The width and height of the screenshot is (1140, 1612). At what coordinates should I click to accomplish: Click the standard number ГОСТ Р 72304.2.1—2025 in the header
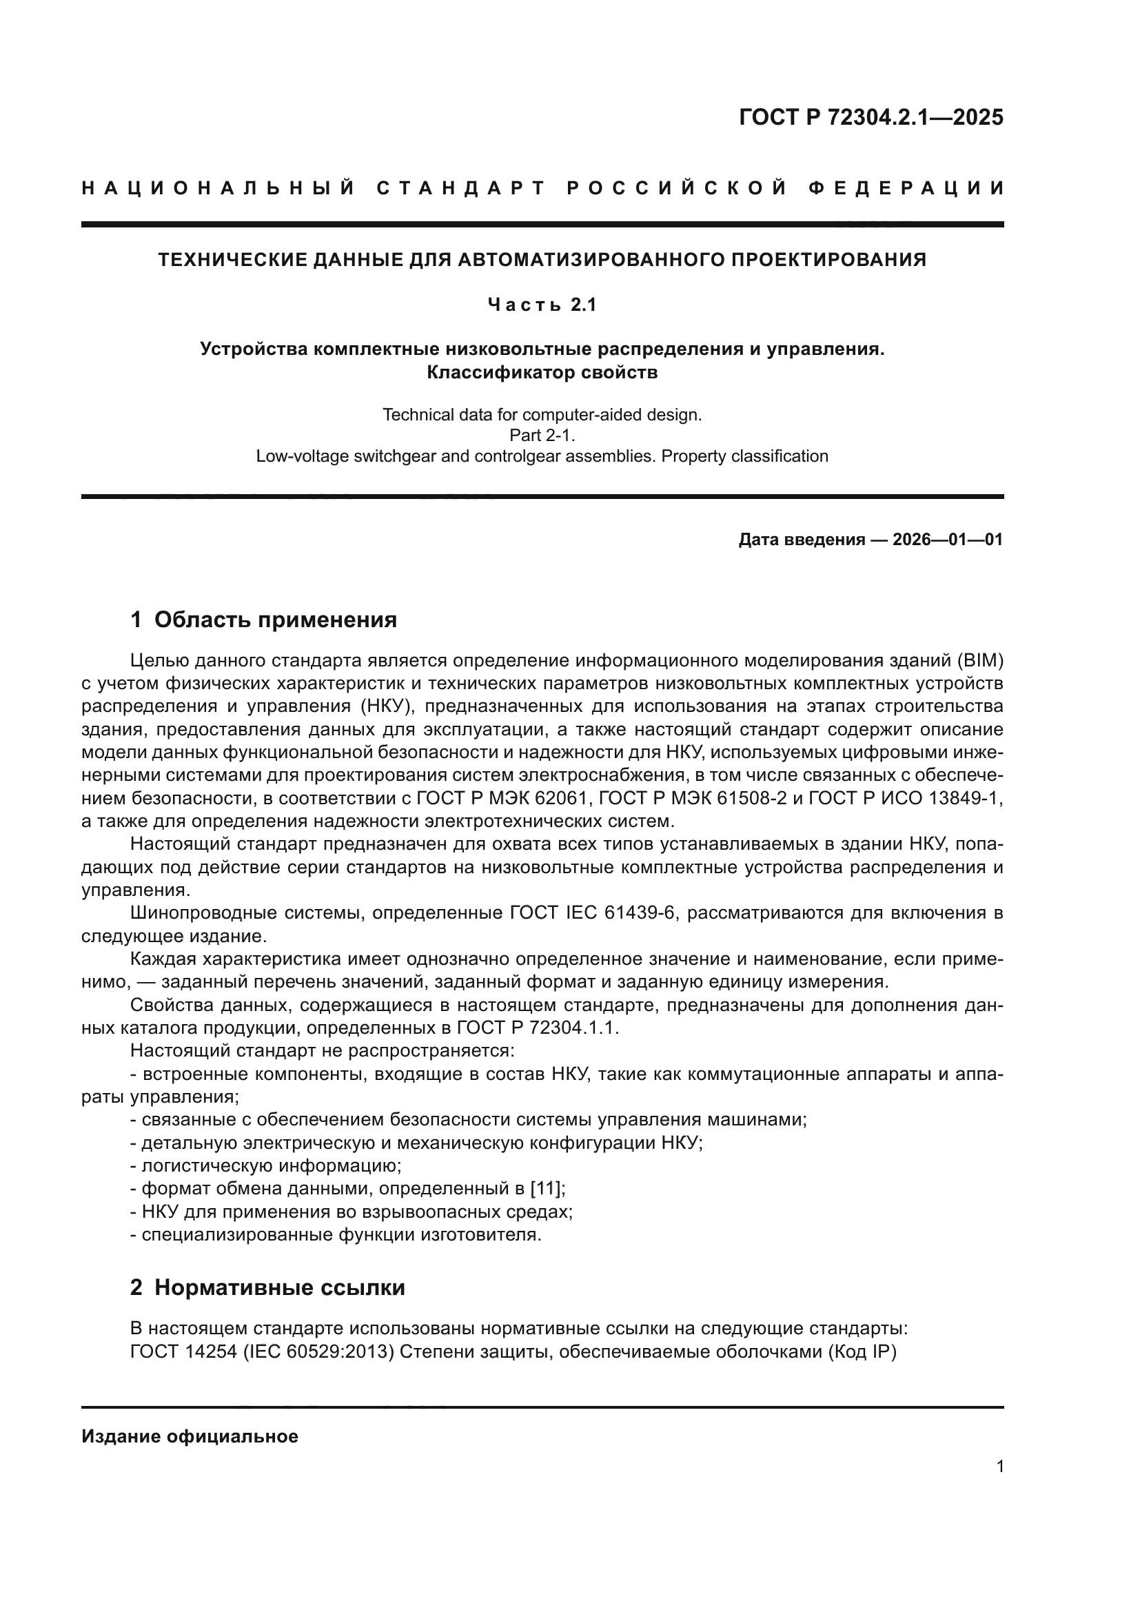pyautogui.click(x=871, y=117)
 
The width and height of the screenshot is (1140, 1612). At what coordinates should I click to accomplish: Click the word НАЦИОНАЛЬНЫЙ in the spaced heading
pyautogui.click(x=218, y=189)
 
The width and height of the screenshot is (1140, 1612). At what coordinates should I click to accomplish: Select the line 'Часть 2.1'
pyautogui.click(x=542, y=305)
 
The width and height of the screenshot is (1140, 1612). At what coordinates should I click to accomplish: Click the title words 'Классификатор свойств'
pyautogui.click(x=542, y=372)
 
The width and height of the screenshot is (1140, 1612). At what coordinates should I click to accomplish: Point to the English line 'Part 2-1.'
pyautogui.click(x=542, y=436)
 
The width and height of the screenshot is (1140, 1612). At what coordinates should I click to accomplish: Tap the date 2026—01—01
pyautogui.click(x=948, y=539)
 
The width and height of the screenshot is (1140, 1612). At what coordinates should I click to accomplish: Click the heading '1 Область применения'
pyautogui.click(x=264, y=620)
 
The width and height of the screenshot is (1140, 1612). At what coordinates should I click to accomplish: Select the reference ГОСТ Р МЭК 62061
pyautogui.click(x=504, y=798)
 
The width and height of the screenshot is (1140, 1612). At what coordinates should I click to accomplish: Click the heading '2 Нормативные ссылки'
pyautogui.click(x=267, y=1287)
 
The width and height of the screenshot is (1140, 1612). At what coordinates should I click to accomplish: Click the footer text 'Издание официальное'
pyautogui.click(x=190, y=1436)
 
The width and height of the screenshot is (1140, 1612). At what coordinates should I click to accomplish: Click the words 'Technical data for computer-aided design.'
pyautogui.click(x=542, y=415)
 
